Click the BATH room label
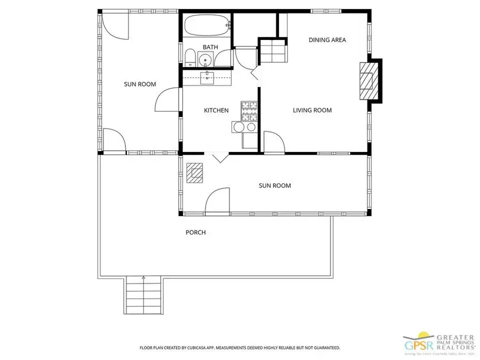tap(210, 47)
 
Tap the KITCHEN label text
tap(216, 110)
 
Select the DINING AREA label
tap(327, 40)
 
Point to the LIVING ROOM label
tap(312, 110)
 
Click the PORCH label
tap(195, 233)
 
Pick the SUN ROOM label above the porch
tap(275, 186)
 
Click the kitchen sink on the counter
tap(207, 78)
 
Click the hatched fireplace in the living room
tap(367, 81)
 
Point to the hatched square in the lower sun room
tap(195, 173)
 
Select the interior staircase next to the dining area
tap(274, 51)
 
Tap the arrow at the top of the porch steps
tap(143, 278)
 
